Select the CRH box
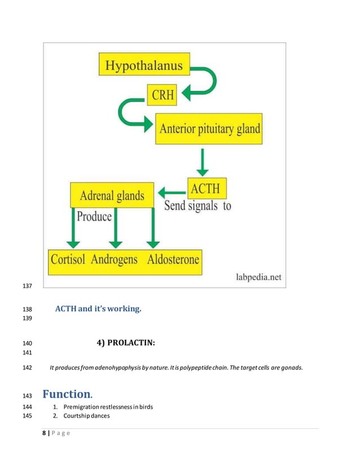[x=161, y=94]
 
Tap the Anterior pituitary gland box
[x=209, y=128]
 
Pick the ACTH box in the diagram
[x=205, y=187]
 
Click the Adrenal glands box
[x=112, y=195]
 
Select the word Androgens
[x=115, y=261]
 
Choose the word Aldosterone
[x=172, y=261]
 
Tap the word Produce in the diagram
[x=94, y=216]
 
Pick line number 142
[x=27, y=368]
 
